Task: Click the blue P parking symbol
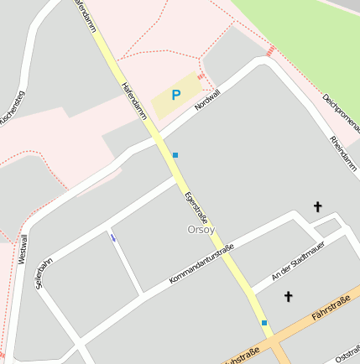click(175, 96)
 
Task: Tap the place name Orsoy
click(201, 229)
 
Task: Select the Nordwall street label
click(206, 100)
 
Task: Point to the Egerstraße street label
click(195, 210)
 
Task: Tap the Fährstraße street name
click(330, 315)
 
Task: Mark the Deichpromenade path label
click(341, 113)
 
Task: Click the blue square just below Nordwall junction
click(175, 155)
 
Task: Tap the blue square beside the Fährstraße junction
click(264, 323)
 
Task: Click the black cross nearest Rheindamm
click(317, 206)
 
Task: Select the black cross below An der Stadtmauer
click(289, 296)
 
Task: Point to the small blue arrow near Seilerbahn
click(112, 237)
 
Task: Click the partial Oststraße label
click(347, 356)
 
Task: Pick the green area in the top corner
click(302, 34)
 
